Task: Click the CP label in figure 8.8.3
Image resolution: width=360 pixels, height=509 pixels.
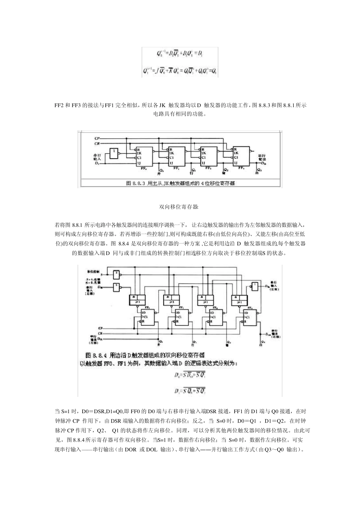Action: pyautogui.click(x=97, y=139)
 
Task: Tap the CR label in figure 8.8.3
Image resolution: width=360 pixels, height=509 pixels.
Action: pyautogui.click(x=97, y=144)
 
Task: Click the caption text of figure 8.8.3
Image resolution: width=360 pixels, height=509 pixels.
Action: pyautogui.click(x=180, y=183)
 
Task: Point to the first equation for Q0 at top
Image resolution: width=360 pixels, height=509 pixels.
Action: pyautogui.click(x=180, y=54)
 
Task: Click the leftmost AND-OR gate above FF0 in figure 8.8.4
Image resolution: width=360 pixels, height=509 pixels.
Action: pyautogui.click(x=137, y=300)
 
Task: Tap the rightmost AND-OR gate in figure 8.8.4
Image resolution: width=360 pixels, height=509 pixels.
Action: pyautogui.click(x=240, y=300)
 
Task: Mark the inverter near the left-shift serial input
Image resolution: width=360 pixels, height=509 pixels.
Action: pyautogui.click(x=255, y=286)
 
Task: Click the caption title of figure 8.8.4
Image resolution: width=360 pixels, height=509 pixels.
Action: pyautogui.click(x=146, y=355)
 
